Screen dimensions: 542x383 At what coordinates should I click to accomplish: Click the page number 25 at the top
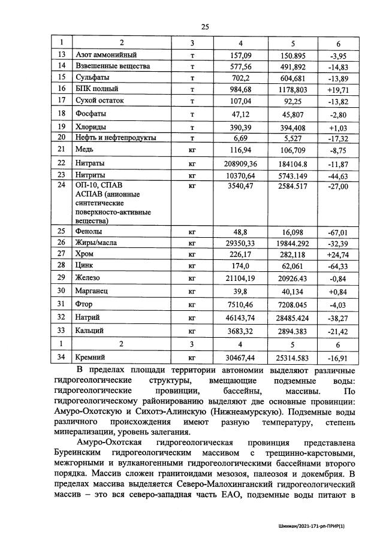[204, 27]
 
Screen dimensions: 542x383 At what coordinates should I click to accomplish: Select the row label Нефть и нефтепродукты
[116, 138]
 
